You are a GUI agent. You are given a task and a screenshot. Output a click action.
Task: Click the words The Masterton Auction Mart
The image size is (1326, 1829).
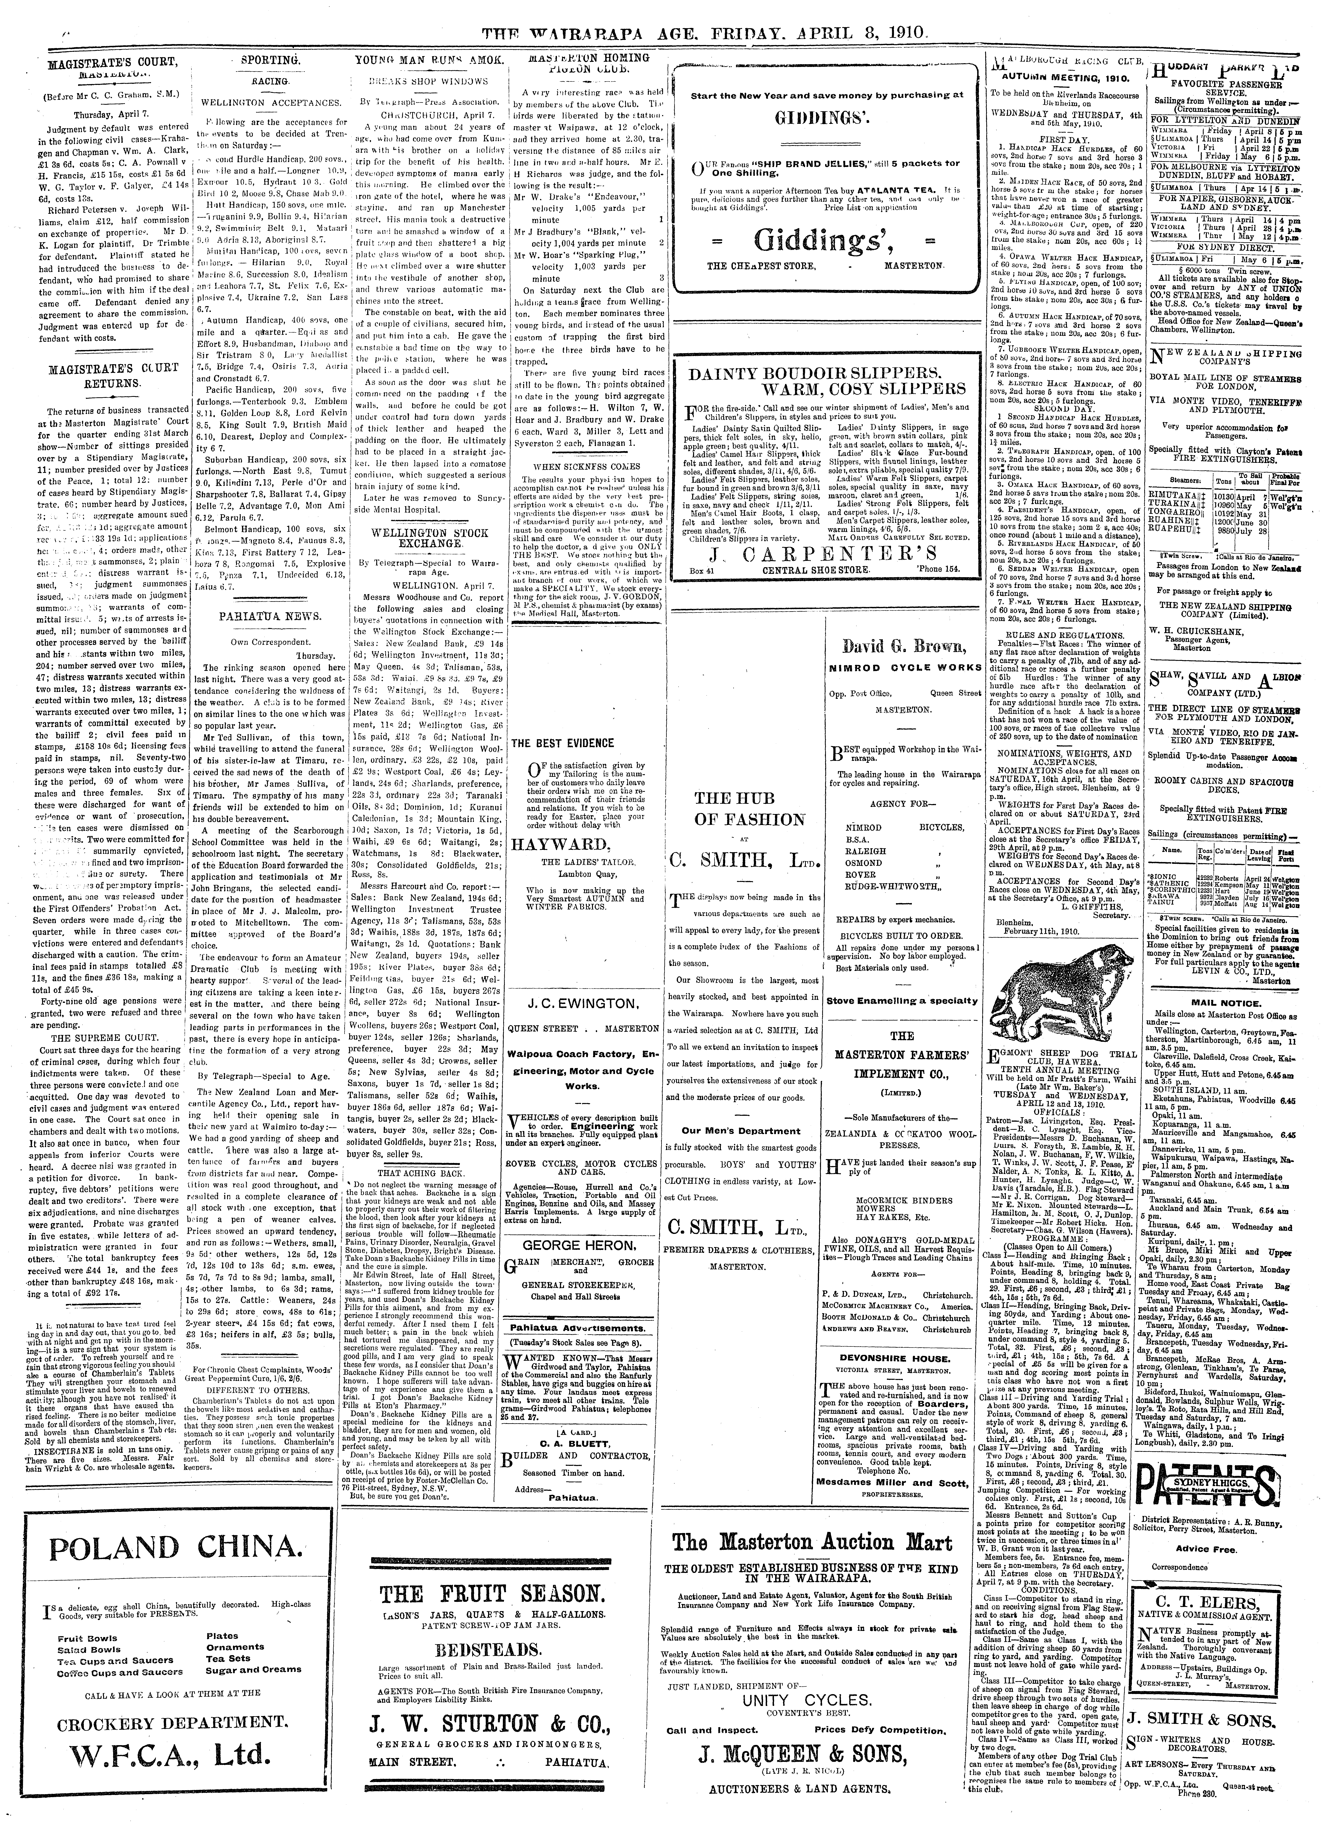pyautogui.click(x=813, y=1542)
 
